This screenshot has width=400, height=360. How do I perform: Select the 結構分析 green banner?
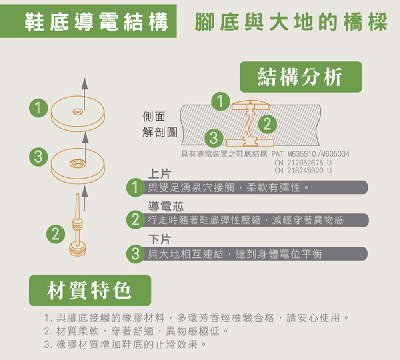click(300, 77)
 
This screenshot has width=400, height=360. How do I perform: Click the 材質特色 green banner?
click(90, 290)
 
